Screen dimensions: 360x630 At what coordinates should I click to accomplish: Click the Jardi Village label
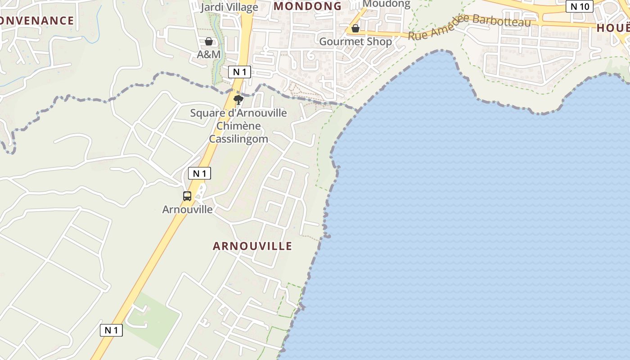pos(229,7)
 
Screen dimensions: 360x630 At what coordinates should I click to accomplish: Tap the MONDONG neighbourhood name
pos(308,6)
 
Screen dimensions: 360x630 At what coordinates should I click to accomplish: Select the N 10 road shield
pos(580,6)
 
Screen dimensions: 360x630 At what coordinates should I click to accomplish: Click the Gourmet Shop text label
pos(355,41)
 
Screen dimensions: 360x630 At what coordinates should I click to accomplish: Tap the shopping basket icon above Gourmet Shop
pos(355,29)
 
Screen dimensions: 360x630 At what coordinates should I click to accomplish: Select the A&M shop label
pos(209,54)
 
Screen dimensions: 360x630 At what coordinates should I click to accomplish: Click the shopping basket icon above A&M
pos(209,42)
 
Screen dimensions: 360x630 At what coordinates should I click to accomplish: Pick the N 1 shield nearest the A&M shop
pos(239,72)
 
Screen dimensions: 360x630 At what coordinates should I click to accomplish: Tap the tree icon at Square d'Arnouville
pos(238,100)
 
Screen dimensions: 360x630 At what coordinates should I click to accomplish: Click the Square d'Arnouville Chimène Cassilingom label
pos(238,126)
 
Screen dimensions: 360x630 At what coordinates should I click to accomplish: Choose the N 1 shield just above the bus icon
pos(199,173)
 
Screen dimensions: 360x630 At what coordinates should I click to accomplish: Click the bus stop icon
pos(187,196)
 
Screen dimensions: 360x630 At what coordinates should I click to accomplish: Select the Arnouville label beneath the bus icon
pos(187,210)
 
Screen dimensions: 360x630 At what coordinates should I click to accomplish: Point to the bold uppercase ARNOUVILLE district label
pos(252,246)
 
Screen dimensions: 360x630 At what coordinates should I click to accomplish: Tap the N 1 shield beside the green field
pos(111,330)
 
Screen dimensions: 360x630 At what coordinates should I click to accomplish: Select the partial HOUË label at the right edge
pos(613,28)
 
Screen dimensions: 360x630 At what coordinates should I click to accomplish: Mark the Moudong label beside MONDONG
pos(386,4)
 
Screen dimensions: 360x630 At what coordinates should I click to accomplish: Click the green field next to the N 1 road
pos(151,319)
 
